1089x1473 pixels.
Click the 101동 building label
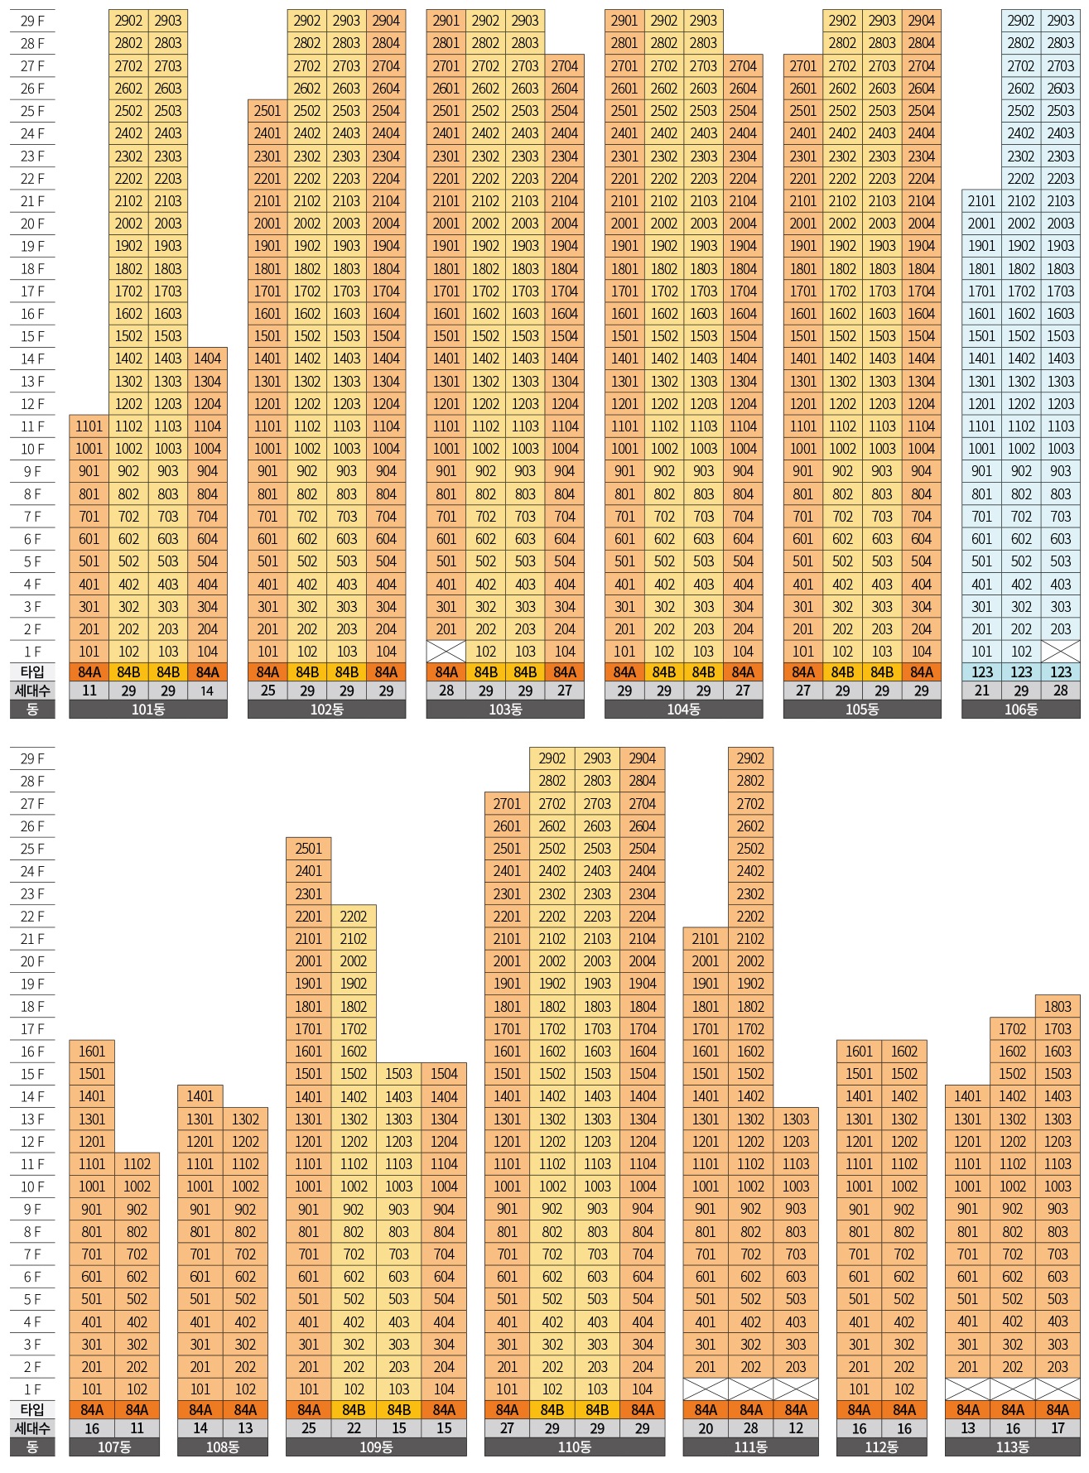[148, 710]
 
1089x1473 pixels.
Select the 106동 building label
[1020, 710]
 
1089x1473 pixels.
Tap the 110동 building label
[574, 1447]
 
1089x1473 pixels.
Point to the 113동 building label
[1012, 1447]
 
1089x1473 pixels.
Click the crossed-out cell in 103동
[446, 651]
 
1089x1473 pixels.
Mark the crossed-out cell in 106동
[1060, 651]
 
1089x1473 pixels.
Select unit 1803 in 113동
[1058, 1006]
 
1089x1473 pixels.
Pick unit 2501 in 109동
[308, 849]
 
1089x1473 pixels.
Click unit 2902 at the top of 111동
[750, 758]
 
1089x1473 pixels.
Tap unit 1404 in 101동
[207, 359]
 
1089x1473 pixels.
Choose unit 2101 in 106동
[981, 201]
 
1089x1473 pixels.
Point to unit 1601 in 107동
[92, 1052]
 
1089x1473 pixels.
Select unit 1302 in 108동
[245, 1119]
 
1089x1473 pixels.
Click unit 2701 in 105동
[802, 66]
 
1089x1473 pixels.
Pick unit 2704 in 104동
[743, 66]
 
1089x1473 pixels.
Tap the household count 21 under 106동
[981, 691]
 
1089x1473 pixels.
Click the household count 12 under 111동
[796, 1428]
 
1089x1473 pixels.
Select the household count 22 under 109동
[354, 1428]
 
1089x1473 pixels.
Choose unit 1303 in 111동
[796, 1119]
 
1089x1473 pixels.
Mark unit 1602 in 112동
[904, 1052]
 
